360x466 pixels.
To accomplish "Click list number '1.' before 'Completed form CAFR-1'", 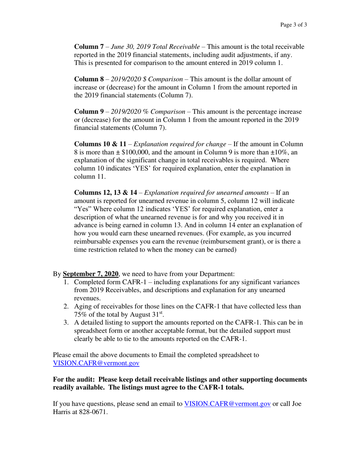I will [x=66, y=282].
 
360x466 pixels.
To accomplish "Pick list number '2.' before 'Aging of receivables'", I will [x=66, y=306].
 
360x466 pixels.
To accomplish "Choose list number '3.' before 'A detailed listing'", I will [x=66, y=323].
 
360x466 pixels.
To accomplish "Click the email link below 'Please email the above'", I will [x=96, y=363].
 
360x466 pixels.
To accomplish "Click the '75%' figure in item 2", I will [x=80, y=315].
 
